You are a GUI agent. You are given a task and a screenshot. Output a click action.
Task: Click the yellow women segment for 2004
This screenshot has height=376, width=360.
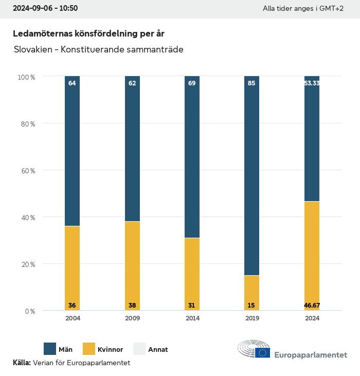pos(72,267)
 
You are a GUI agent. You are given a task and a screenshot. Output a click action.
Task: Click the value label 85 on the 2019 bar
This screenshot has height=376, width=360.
pos(251,83)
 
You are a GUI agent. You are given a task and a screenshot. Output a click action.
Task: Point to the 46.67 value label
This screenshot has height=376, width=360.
pos(312,306)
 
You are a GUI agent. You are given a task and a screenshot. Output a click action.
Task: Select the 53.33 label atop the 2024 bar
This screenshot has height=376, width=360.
pos(312,83)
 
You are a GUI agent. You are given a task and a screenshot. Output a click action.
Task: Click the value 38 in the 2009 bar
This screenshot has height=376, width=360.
pos(132,306)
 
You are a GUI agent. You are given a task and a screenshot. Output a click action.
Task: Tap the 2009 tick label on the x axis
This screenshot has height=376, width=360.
pos(132,318)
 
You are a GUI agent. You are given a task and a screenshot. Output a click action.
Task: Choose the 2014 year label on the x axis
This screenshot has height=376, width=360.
pos(192,318)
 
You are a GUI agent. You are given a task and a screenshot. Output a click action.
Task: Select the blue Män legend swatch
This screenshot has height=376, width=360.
pos(50,349)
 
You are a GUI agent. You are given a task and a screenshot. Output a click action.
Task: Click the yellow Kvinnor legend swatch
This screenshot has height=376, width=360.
pos(89,349)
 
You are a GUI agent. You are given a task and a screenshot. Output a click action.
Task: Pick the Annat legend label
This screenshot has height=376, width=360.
pos(158,350)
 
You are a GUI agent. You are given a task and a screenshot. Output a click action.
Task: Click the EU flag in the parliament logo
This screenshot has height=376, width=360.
pos(263,352)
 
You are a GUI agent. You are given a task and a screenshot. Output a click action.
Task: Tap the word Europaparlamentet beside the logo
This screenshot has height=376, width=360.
pos(311,355)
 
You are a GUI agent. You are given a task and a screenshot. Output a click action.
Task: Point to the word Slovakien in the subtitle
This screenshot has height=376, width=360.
pos(31,50)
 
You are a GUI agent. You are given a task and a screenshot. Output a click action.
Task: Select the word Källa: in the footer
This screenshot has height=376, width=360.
pos(22,363)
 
